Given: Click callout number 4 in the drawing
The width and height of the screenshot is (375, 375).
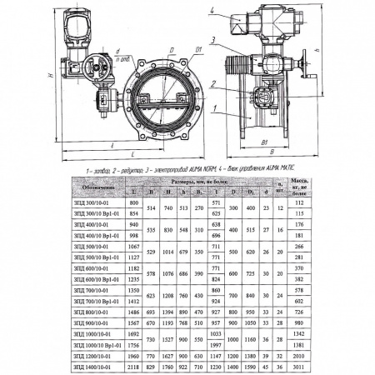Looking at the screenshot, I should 213,11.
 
